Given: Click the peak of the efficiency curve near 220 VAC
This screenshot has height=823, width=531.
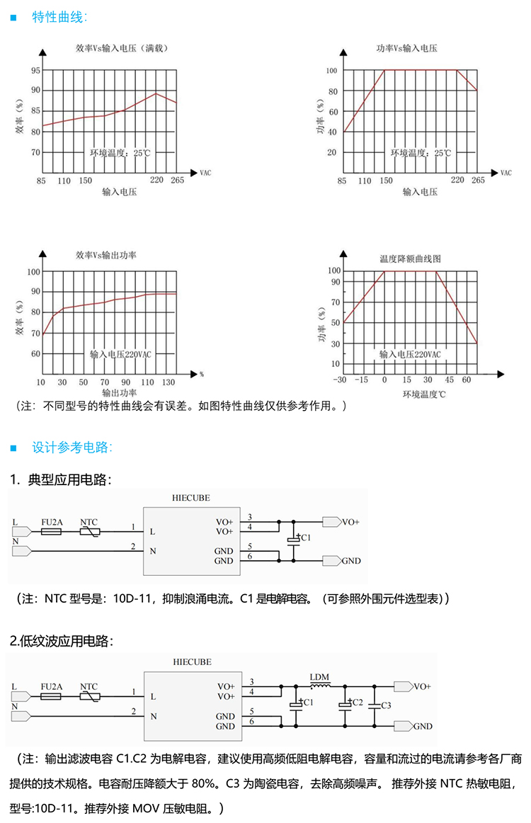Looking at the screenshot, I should click(156, 93).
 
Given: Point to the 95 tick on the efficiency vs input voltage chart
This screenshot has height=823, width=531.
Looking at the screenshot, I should click(35, 71).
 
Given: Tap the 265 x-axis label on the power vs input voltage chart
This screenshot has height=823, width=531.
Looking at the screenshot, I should click(478, 180).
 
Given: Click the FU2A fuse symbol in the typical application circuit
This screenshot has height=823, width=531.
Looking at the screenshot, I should click(52, 530).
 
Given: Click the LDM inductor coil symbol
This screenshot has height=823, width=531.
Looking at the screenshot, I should click(321, 686).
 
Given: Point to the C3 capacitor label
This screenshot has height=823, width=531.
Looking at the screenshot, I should click(386, 705).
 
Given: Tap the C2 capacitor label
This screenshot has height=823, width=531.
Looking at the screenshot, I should click(357, 702).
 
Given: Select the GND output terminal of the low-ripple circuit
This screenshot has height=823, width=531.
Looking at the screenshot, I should click(404, 726).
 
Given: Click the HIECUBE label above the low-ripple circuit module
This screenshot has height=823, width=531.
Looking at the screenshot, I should click(191, 662).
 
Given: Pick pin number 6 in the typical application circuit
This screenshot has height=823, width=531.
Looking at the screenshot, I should click(251, 557).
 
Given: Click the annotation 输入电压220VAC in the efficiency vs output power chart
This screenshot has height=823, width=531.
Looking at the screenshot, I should click(120, 353).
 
